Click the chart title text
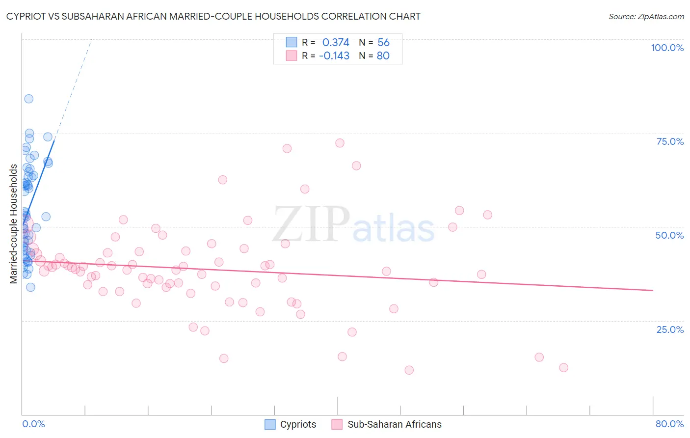[213, 16]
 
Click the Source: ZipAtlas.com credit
[646, 16]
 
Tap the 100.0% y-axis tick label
[667, 48]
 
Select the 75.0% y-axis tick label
[670, 141]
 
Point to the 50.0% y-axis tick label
[669, 235]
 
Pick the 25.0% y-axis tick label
[670, 329]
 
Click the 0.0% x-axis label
[33, 424]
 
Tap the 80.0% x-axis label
[669, 424]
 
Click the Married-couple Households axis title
[14, 224]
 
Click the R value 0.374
[336, 42]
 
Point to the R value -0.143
[334, 55]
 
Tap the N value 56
[383, 42]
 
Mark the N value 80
[383, 55]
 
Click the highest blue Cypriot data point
[29, 99]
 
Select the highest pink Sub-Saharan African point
[340, 143]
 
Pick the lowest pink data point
[409, 370]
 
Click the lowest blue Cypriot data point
[30, 287]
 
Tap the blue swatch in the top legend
[292, 42]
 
